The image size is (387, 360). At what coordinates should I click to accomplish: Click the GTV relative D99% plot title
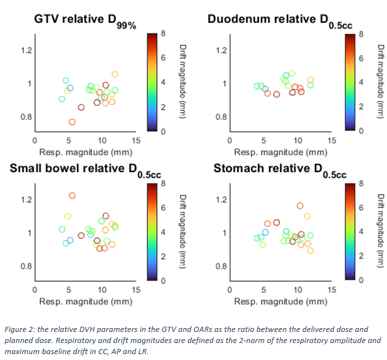click(x=85, y=22)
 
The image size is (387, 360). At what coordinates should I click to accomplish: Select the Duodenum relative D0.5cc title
click(x=280, y=22)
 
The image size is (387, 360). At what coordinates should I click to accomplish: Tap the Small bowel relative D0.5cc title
click(x=85, y=170)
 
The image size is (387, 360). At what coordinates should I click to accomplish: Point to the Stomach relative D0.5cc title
click(x=280, y=170)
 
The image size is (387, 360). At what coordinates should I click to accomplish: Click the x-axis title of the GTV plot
click(x=85, y=152)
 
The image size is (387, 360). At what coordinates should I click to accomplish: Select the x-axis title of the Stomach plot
click(x=281, y=302)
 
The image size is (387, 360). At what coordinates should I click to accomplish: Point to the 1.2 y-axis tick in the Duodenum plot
click(x=221, y=50)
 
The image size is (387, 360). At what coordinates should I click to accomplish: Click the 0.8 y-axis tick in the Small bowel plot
click(x=26, y=266)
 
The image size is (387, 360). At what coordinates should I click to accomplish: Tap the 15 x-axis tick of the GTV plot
click(x=136, y=141)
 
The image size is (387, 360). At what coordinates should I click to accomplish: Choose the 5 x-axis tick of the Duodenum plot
click(x=264, y=141)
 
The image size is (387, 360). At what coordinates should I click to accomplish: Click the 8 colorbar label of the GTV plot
click(x=163, y=33)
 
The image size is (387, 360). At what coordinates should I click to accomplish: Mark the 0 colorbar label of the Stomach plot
click(x=361, y=280)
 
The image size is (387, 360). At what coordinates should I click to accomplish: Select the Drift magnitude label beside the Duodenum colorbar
click(x=381, y=82)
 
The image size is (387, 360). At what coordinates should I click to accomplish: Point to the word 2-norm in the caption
click(x=251, y=340)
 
